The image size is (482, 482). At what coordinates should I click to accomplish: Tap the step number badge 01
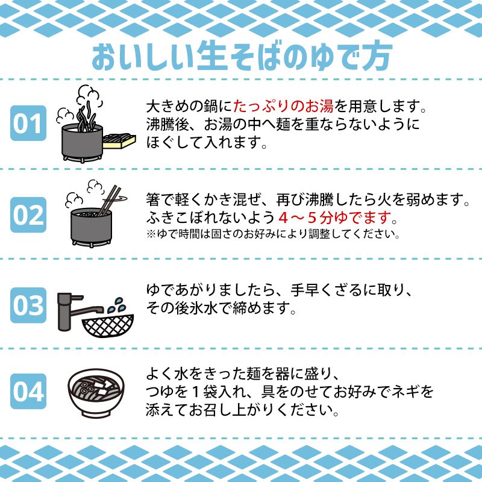pyautogui.click(x=28, y=124)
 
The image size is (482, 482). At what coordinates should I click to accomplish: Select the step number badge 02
pyautogui.click(x=28, y=214)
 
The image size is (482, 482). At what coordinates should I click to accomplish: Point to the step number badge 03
pyautogui.click(x=28, y=305)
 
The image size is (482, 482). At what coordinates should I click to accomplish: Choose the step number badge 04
pyautogui.click(x=28, y=392)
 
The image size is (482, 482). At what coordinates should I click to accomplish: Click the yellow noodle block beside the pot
pyautogui.click(x=119, y=140)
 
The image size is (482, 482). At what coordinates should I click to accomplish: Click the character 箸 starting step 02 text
pyautogui.click(x=153, y=198)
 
